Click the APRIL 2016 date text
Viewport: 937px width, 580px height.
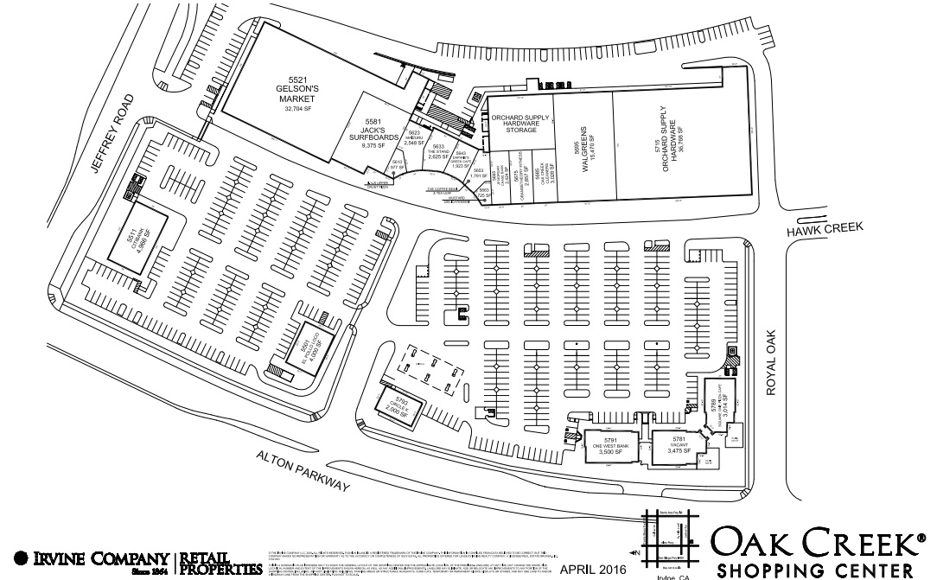click(x=593, y=569)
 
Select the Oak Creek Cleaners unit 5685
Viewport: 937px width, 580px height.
click(x=539, y=176)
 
